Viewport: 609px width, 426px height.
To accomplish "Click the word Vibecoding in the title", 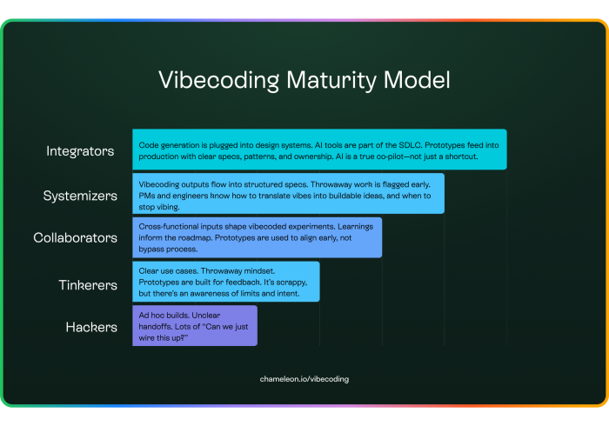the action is [218, 81].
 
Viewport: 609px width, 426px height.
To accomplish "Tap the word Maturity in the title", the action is [331, 81].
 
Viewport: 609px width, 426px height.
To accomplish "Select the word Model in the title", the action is [417, 80].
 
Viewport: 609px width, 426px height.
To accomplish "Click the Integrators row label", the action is [80, 151].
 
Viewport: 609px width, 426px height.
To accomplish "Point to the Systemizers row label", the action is [80, 196].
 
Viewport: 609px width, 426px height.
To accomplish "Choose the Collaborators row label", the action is [75, 237].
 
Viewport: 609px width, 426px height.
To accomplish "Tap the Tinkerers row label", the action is [88, 285].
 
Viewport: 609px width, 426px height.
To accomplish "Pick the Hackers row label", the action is [91, 327].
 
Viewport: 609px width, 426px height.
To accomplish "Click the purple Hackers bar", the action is [195, 326].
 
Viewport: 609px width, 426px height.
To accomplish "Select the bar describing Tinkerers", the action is [226, 282].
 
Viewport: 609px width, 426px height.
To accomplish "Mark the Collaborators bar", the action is [258, 237].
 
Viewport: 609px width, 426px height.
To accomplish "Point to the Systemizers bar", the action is [288, 193].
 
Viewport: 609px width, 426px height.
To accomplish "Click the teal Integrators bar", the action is [319, 150].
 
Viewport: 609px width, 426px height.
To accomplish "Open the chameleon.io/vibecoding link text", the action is [304, 379].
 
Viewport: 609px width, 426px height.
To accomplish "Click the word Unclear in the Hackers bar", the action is [206, 315].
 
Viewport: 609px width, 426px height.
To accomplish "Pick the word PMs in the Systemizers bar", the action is [145, 196].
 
